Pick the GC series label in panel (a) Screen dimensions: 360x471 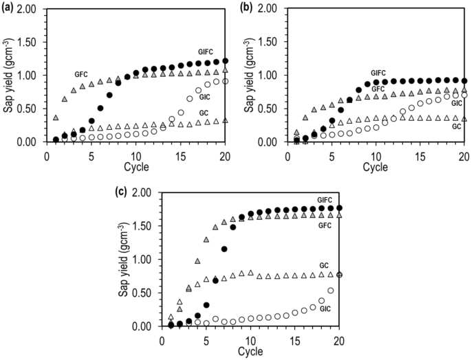204,112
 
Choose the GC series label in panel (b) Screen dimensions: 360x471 456,126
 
